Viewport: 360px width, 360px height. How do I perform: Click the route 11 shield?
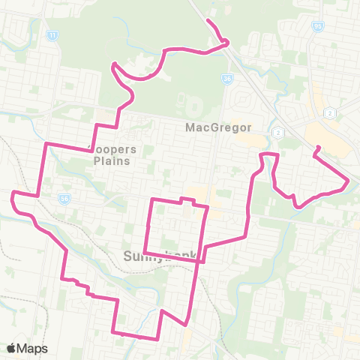click(52, 34)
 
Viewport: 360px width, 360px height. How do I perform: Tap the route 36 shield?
click(227, 77)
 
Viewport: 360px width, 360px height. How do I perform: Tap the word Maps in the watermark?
click(33, 348)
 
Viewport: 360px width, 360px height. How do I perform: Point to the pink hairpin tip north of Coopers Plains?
click(114, 65)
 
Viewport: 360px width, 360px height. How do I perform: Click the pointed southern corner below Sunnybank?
click(184, 325)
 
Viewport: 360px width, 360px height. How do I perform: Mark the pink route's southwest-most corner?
click(112, 331)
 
